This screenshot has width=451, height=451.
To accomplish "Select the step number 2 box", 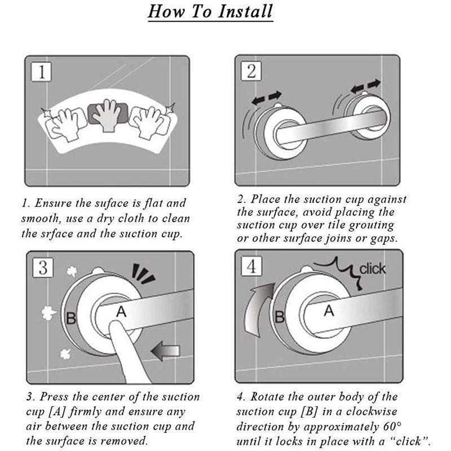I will tap(251, 72).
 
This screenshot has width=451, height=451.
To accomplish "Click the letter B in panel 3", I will tap(71, 319).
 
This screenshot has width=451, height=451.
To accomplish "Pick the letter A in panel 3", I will tap(120, 311).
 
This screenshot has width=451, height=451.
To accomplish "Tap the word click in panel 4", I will tap(373, 268).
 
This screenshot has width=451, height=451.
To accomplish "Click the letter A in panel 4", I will tap(329, 311).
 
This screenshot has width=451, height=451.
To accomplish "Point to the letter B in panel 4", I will tap(279, 317).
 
